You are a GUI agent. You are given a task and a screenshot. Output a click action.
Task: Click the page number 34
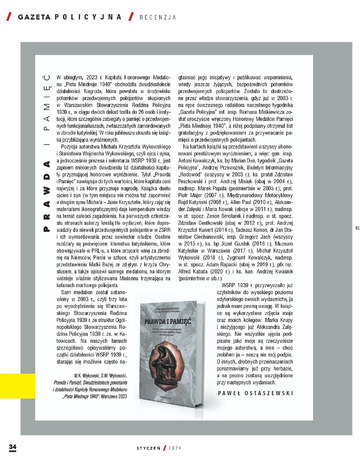pyautogui.click(x=12, y=447)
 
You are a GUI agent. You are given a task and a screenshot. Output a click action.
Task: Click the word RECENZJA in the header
pyautogui.click(x=158, y=17)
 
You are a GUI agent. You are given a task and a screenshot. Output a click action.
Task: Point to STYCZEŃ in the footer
pyautogui.click(x=149, y=448)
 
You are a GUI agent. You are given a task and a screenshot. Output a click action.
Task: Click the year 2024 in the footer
pyautogui.click(x=174, y=448)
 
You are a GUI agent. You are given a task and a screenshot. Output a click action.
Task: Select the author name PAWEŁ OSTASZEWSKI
pyautogui.click(x=255, y=393)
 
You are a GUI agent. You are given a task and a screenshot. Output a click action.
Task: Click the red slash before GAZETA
pyautogui.click(x=9, y=17)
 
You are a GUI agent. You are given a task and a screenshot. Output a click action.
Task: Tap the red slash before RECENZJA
pyautogui.click(x=131, y=17)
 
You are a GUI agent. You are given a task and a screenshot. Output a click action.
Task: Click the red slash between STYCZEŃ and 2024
pyautogui.click(x=165, y=448)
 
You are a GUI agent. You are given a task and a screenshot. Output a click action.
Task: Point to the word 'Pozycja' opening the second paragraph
pyautogui.click(x=70, y=148)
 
